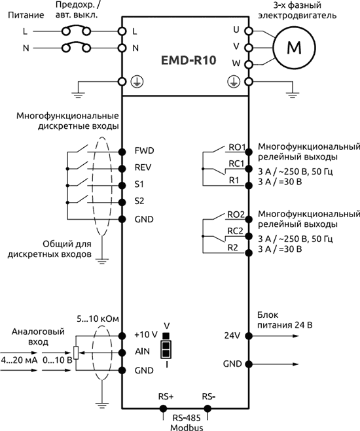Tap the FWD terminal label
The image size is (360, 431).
(x=143, y=150)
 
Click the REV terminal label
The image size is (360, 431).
(x=143, y=167)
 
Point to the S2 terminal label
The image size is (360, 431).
(x=139, y=201)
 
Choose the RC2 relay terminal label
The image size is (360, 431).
(x=236, y=231)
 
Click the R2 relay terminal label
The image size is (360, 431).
(x=232, y=248)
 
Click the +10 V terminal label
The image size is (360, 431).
(x=145, y=336)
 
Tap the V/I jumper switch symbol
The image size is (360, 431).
(x=167, y=346)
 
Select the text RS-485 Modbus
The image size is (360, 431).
(x=185, y=422)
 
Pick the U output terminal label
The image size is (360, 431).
(x=236, y=30)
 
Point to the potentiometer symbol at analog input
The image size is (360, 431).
(x=77, y=353)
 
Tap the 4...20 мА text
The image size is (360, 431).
(x=18, y=360)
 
